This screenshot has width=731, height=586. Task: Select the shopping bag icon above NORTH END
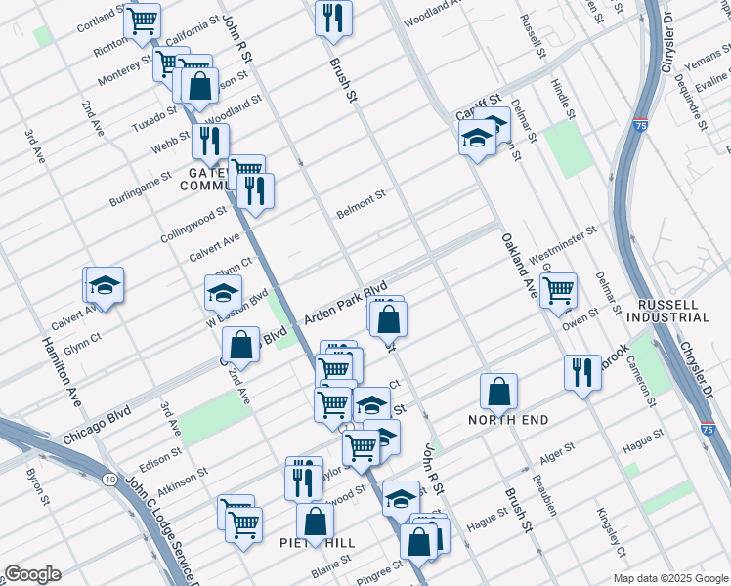[x=498, y=391]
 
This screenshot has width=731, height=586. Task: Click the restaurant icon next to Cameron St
[x=582, y=372]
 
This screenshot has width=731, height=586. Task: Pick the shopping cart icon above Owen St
[x=558, y=289]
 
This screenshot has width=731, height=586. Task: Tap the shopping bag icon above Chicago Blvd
[x=240, y=345]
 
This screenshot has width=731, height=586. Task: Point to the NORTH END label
[x=508, y=420]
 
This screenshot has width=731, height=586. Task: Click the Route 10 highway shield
[x=107, y=480]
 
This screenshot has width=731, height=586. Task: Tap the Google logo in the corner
[x=32, y=574]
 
